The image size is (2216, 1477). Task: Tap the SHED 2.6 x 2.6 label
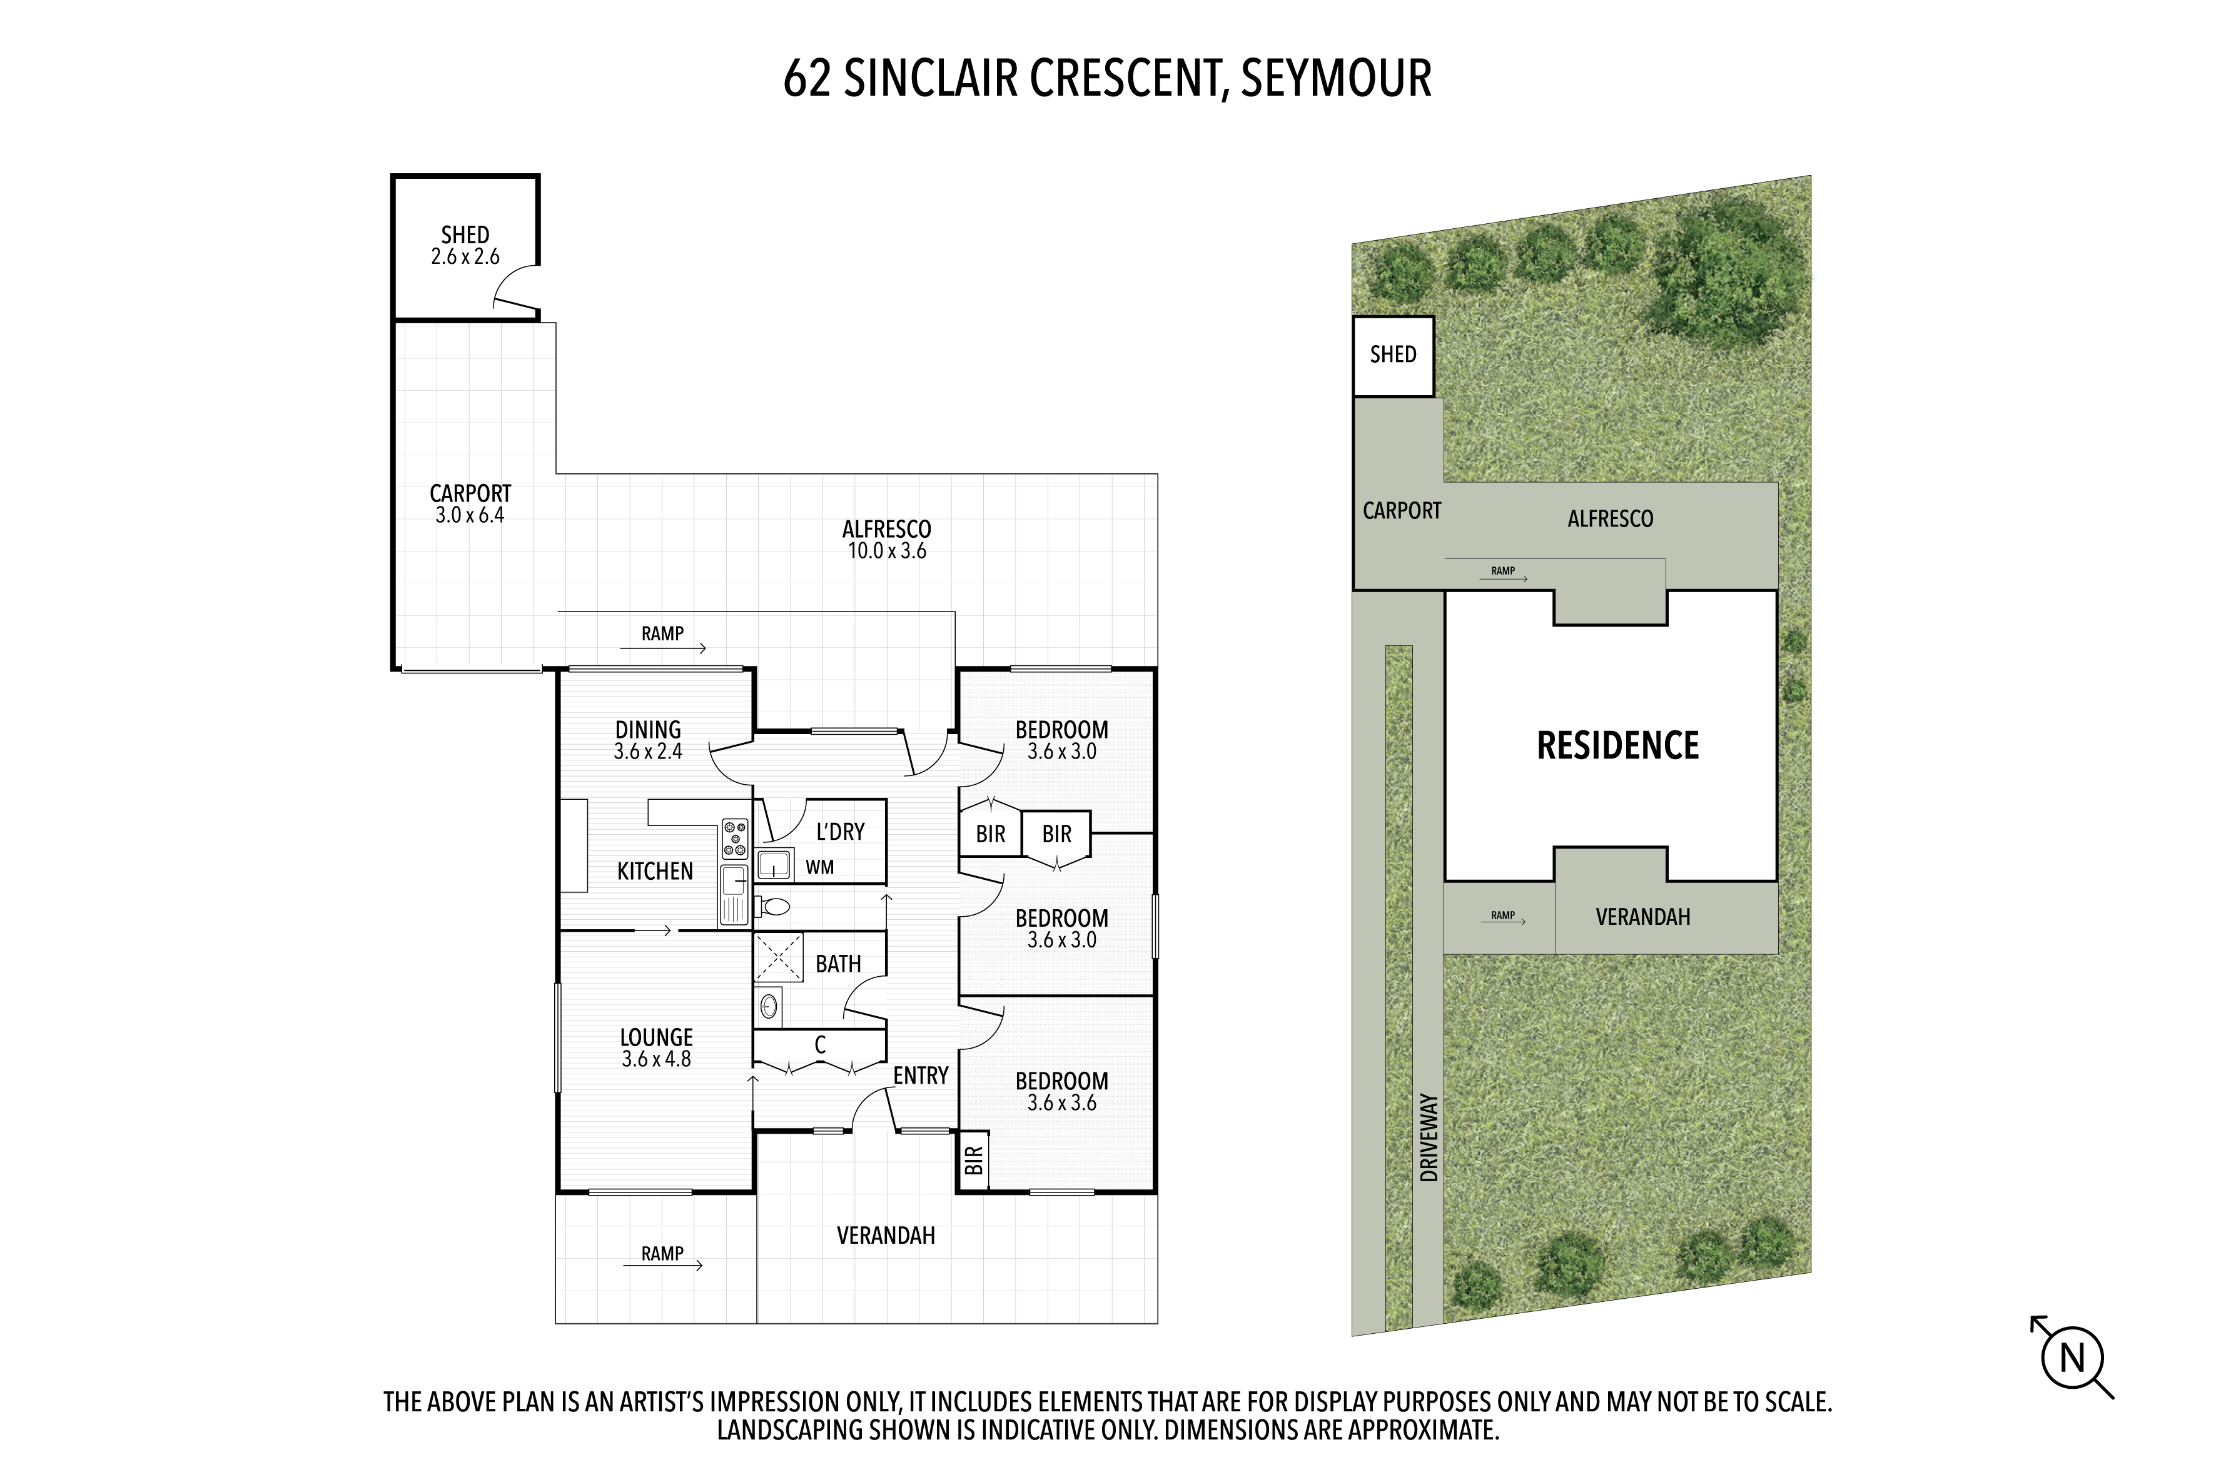pyautogui.click(x=465, y=246)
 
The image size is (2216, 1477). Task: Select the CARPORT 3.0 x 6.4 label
pyautogui.click(x=470, y=504)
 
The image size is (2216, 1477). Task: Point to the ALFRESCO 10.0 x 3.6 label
pyautogui.click(x=887, y=540)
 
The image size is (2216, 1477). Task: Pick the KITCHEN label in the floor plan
pyautogui.click(x=655, y=871)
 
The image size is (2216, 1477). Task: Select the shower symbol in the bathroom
pyautogui.click(x=777, y=958)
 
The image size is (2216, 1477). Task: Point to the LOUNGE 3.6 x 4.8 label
pyautogui.click(x=657, y=1047)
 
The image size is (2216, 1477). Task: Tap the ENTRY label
pyautogui.click(x=921, y=1076)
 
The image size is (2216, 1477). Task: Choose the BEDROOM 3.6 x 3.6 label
pyautogui.click(x=1062, y=1092)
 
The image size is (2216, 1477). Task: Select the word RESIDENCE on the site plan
pyautogui.click(x=1617, y=745)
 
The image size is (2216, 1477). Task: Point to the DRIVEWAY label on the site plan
pyautogui.click(x=1429, y=1138)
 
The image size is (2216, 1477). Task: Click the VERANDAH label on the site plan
pyautogui.click(x=1643, y=917)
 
